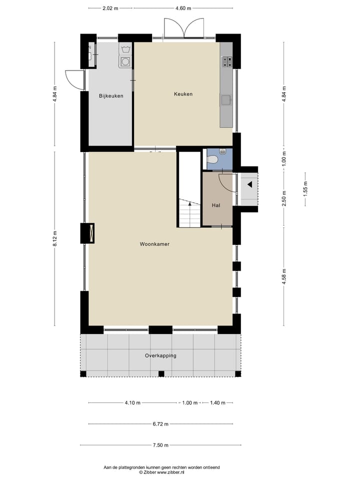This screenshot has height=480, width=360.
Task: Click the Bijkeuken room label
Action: pos(111,96)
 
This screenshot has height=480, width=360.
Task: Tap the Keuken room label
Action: pos(183,94)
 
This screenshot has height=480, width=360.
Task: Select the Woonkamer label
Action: pos(154,244)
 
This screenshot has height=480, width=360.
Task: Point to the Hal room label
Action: pos(216,205)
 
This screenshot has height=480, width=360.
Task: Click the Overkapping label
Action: pos(160,356)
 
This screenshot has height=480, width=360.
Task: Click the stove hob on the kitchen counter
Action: pos(227,61)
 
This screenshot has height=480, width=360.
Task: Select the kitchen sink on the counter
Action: pos(226,99)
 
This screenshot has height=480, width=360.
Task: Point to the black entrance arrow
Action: pos(249,184)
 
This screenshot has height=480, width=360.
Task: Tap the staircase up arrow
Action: pos(189,203)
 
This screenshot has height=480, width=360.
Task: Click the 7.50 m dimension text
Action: pos(160,445)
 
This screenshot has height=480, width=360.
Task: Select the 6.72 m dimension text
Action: pos(160,424)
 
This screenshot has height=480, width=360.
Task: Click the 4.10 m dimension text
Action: pos(132,403)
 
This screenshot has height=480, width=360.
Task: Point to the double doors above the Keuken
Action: pos(184,28)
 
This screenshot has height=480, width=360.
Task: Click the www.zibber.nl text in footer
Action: pos(171,472)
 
